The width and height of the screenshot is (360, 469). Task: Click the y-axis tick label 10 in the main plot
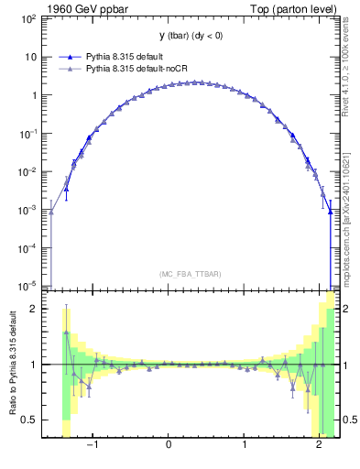point(33,57)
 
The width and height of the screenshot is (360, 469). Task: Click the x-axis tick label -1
point(92,445)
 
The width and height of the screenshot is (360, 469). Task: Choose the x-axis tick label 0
point(169,445)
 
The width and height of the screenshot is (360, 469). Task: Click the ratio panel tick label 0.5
point(31,420)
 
